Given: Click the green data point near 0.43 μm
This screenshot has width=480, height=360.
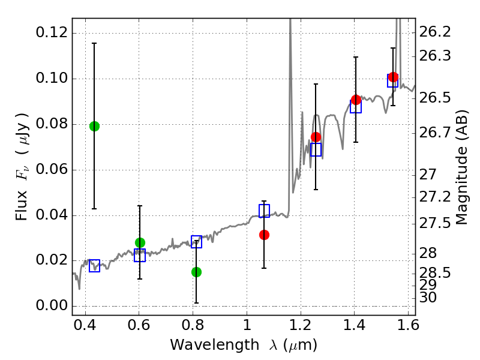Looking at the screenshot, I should (94, 126).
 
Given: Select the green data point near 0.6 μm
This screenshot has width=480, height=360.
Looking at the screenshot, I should (140, 242).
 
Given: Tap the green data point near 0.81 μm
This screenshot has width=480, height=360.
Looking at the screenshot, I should (196, 272).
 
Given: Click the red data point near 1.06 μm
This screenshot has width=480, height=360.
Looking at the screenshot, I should (264, 235).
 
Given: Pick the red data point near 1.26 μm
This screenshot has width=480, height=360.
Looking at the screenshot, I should (316, 137).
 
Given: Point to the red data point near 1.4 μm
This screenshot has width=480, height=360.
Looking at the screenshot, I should (356, 100).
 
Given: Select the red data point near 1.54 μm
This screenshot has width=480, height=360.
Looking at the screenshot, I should (393, 77).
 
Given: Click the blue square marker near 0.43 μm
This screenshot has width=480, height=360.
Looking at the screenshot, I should (94, 266).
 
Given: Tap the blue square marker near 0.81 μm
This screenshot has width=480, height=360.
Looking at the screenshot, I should (196, 242).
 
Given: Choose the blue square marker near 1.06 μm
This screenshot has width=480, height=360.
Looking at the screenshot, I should (264, 211).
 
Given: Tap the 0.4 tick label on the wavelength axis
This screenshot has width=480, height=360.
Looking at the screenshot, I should (85, 328).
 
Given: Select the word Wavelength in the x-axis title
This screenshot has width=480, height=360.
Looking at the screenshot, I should (204, 346).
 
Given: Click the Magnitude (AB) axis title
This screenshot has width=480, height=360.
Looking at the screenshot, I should (461, 167).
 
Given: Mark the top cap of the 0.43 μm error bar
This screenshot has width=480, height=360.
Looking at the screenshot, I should (94, 43).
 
